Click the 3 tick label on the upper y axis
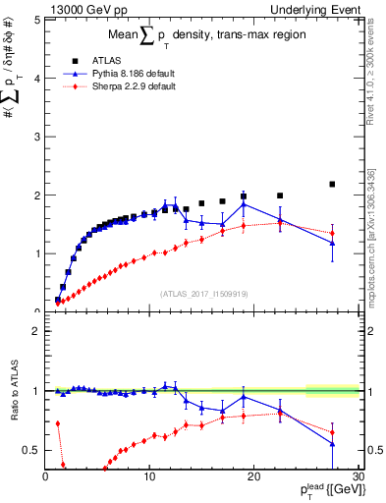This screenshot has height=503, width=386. (35, 137)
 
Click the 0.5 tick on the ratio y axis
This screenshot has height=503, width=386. (31, 450)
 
